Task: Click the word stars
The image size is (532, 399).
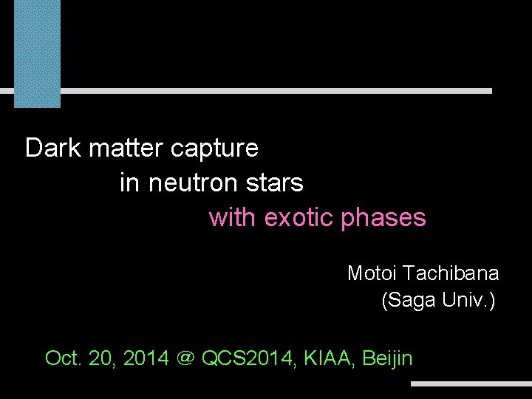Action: [x=279, y=183]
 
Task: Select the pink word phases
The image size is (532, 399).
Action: [x=383, y=219]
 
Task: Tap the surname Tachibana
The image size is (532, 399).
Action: [x=451, y=273]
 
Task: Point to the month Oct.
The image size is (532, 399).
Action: [x=63, y=358]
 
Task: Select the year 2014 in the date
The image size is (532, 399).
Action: [x=146, y=358]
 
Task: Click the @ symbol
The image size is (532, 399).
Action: [x=185, y=359]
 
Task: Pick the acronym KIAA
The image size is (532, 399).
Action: [x=324, y=358]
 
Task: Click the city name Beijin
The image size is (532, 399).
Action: [x=387, y=359]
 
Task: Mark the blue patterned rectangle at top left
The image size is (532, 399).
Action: [x=38, y=52]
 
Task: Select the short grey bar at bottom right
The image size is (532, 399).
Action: [x=471, y=384]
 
